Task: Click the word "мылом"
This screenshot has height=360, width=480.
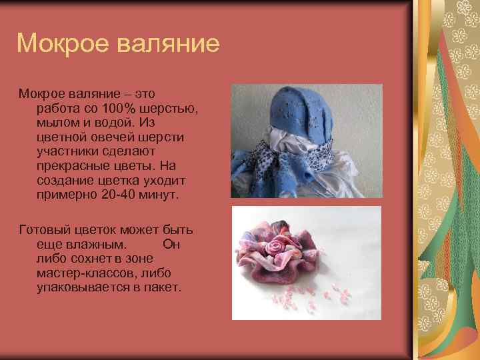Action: coord(61,122)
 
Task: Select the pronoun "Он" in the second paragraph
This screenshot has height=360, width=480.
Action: coord(171,245)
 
